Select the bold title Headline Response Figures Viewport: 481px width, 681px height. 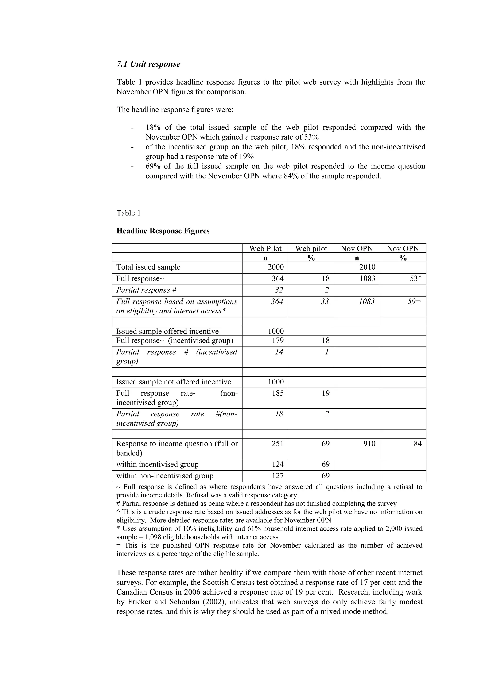click(x=163, y=231)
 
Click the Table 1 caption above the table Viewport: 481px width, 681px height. click(x=128, y=213)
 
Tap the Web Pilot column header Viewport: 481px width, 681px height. click(x=265, y=249)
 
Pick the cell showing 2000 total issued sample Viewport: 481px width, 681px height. click(x=276, y=267)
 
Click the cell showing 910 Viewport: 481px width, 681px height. click(x=369, y=444)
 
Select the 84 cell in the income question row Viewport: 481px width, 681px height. click(x=417, y=444)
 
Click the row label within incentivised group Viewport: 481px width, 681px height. click(x=157, y=464)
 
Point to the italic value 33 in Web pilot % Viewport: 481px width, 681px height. click(x=325, y=302)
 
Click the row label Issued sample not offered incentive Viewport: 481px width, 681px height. click(x=173, y=382)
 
